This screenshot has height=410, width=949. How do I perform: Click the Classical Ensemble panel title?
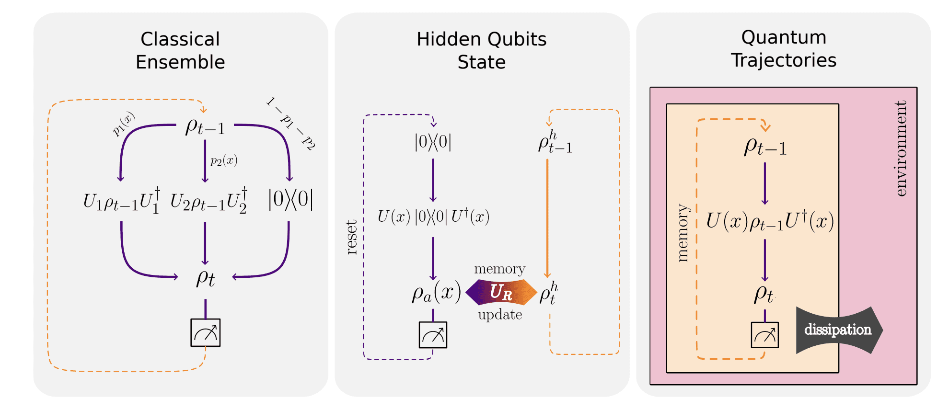tap(180, 50)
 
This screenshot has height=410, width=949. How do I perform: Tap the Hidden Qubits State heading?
tap(481, 50)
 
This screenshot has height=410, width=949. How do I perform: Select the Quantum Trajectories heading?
tap(783, 48)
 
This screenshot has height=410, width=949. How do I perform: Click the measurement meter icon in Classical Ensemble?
tap(205, 332)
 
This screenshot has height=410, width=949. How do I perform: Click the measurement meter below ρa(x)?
tap(433, 335)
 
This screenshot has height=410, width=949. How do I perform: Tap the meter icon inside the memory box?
tap(764, 335)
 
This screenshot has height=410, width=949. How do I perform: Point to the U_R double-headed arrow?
tap(501, 292)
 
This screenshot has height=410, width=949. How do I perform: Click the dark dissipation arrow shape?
tap(837, 330)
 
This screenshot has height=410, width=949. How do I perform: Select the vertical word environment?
tap(901, 148)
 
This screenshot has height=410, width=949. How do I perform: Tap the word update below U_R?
tap(500, 315)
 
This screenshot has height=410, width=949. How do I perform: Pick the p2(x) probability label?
tap(224, 160)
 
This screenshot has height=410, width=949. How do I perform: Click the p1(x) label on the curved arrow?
tap(124, 124)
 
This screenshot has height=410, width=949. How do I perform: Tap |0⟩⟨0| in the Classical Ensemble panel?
tap(290, 199)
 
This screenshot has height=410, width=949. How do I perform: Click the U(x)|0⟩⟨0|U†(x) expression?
tap(433, 216)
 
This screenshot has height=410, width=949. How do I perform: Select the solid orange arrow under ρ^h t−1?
tap(547, 218)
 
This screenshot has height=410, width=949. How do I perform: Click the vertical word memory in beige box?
tap(683, 233)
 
